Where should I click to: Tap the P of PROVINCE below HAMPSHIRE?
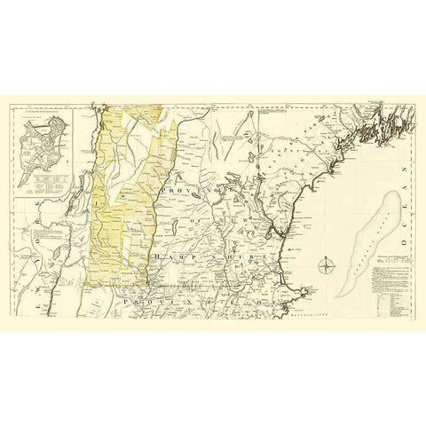(130, 303)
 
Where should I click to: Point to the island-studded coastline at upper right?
(373, 124)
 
